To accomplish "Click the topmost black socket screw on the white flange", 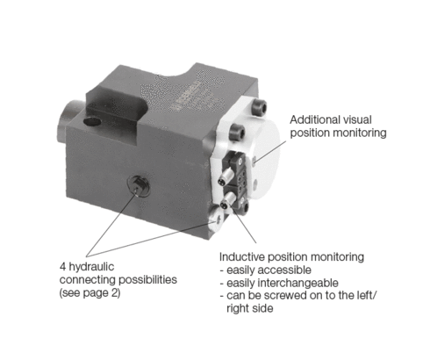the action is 260,107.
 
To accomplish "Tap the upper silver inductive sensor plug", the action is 225,177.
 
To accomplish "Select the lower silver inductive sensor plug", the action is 228,199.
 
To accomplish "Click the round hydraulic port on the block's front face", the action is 139,186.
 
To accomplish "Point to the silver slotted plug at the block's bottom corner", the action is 217,220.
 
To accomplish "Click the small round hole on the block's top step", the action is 92,121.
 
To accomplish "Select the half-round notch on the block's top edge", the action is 176,74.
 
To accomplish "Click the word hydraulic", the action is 91,267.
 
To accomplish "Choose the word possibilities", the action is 147,280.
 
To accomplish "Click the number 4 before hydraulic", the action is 62,267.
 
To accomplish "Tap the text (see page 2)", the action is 90,292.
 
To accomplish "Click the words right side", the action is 250,309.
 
